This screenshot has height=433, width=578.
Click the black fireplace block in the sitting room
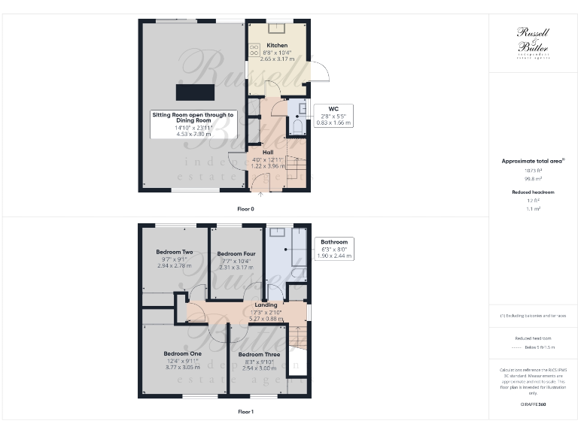[195, 92]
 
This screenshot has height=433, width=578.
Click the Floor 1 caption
[245, 412]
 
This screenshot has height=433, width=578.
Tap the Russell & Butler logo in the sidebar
[533, 40]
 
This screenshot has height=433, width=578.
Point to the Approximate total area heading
[533, 161]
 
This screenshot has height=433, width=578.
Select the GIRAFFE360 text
[533, 405]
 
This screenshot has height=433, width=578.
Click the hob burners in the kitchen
[254, 49]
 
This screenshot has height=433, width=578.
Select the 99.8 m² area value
[533, 180]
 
